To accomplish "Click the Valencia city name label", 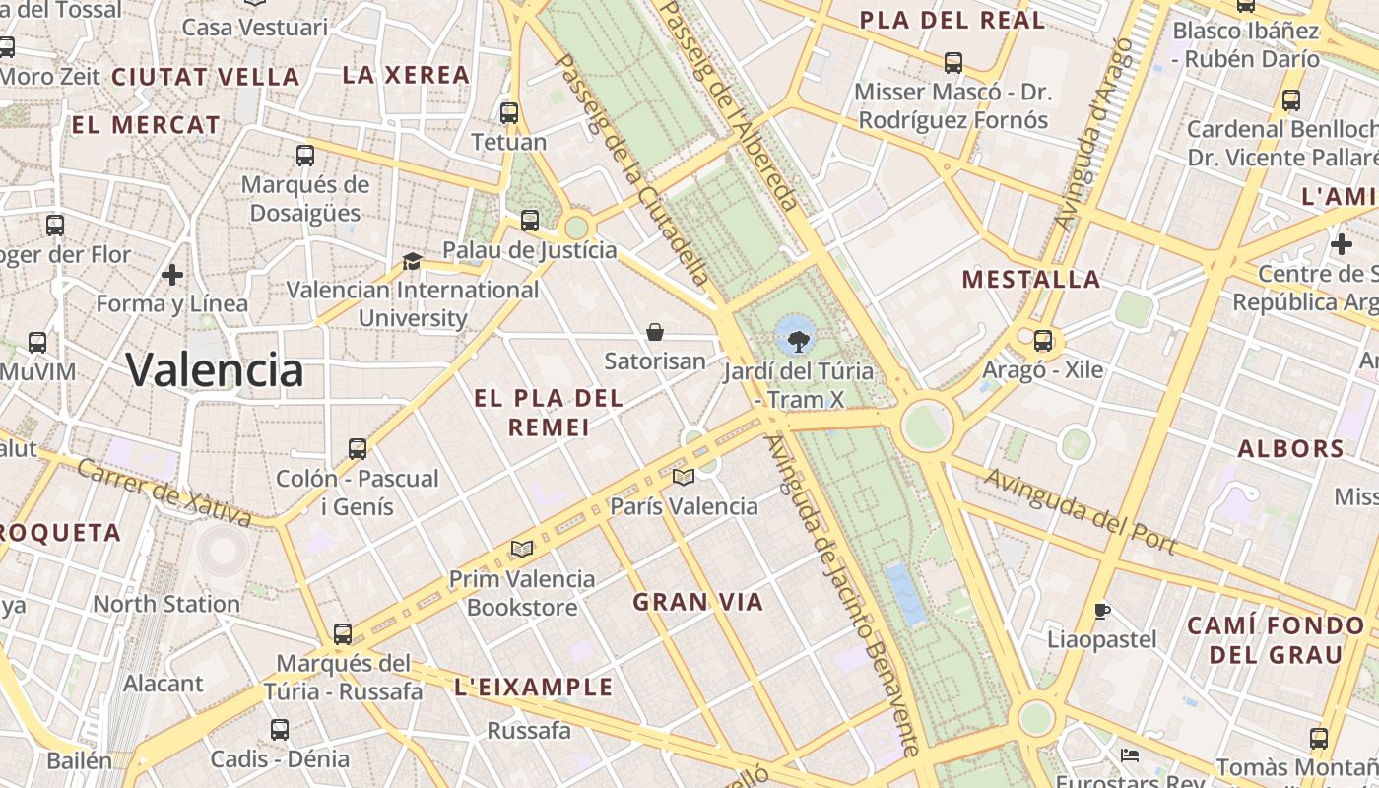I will pos(215,370).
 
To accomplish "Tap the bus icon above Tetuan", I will pos(509,112).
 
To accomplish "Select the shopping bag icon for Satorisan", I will pos(655,332).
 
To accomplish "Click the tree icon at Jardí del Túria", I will pos(798,341).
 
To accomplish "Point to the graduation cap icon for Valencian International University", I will pos(412,261).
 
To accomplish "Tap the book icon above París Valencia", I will pos(683,478).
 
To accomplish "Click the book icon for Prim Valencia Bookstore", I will pos(522,549).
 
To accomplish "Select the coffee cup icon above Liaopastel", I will pos(1102,611).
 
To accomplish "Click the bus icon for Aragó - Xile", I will pos(1043,341).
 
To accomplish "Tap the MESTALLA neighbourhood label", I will pos(1031,280).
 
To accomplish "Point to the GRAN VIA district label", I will pos(698,602).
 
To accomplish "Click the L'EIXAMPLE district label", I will pos(534,687).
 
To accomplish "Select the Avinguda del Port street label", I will pos(1081,510).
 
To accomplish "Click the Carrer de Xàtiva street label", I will pos(164,492).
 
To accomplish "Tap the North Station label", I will pos(166,604).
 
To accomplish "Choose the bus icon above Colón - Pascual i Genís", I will pos(358,449).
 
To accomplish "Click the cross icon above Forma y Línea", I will pos(173,274).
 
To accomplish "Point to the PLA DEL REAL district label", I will pos(952,20).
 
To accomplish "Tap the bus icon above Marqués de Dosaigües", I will pos(305,155).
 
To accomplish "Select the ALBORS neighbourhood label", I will pos(1291,449).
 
